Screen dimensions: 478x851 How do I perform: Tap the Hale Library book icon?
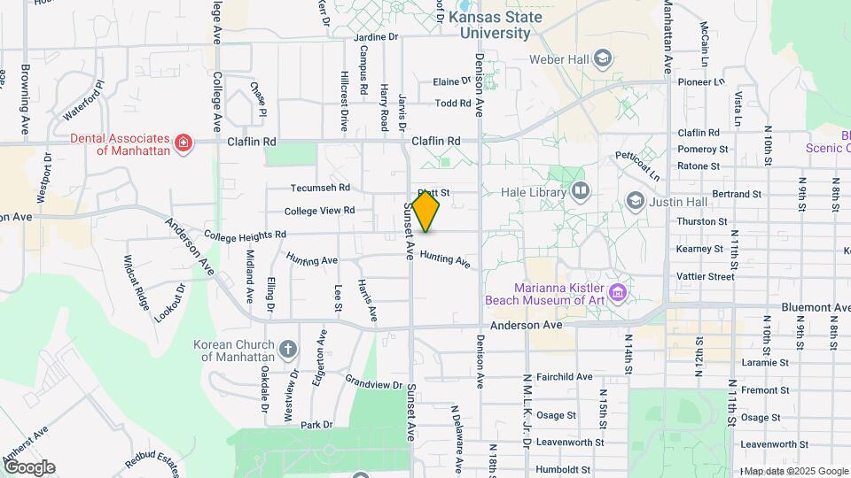(580, 190)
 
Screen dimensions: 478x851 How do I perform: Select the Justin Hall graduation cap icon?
(635, 201)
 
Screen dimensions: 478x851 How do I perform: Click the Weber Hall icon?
(603, 59)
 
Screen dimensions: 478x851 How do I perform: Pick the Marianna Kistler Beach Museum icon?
(619, 291)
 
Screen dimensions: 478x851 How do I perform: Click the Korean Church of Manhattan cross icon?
(287, 349)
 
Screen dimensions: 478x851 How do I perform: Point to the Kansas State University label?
(490, 25)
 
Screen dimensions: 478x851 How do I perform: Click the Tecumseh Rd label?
(321, 188)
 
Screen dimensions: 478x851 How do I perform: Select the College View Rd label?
(319, 211)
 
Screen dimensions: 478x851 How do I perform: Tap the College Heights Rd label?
(245, 235)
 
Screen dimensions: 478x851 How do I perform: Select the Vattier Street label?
(706, 276)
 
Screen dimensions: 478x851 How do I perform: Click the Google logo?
(28, 467)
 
